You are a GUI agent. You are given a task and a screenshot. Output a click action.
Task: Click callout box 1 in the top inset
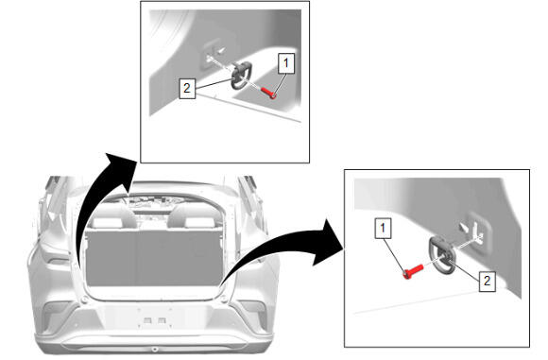click(x=286, y=63)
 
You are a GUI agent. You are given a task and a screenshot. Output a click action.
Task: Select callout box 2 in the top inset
click(x=187, y=89)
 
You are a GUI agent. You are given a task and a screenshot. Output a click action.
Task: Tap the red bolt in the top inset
click(x=268, y=93)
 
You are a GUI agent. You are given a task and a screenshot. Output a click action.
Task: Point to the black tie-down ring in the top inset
click(x=240, y=76)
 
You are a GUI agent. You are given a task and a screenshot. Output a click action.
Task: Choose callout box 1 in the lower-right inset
click(x=383, y=229)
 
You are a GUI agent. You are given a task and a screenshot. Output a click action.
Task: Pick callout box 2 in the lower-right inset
click(x=487, y=281)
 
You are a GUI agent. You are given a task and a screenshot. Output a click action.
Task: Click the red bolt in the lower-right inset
click(x=413, y=271)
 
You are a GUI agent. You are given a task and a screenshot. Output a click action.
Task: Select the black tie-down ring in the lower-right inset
click(x=442, y=255)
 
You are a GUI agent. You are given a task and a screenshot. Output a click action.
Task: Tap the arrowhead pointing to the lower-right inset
click(x=328, y=243)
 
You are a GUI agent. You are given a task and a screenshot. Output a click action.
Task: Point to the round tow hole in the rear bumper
click(x=154, y=350)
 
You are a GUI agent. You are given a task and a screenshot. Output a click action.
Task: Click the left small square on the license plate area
click(x=147, y=319)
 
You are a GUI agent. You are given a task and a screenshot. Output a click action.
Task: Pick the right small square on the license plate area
click(x=162, y=319)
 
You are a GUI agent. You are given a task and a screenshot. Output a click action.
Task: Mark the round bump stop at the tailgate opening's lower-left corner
click(x=84, y=300)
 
